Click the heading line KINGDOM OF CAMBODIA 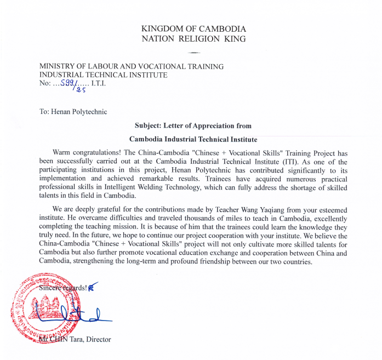193,28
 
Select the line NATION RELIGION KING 193,38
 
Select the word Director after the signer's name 98,339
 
